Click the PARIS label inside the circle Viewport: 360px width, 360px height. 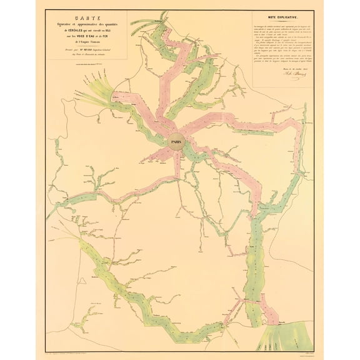pos(178,142)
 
